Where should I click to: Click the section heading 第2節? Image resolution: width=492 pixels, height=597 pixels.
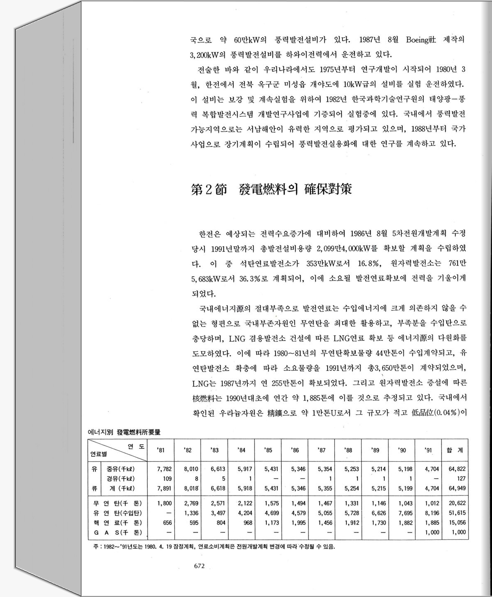[x=209, y=190]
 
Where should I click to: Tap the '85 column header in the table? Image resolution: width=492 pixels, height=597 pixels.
[x=268, y=450]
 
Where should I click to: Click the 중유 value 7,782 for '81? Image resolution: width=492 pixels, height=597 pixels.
[x=164, y=469]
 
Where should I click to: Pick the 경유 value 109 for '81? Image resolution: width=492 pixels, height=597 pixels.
[x=167, y=479]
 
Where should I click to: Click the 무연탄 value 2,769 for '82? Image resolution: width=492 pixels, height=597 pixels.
[x=191, y=504]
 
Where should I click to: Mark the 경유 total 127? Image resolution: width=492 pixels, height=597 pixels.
[x=461, y=479]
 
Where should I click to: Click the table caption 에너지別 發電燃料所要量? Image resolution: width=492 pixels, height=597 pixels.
[x=124, y=432]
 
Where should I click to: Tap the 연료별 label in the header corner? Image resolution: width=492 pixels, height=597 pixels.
[x=98, y=454]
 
